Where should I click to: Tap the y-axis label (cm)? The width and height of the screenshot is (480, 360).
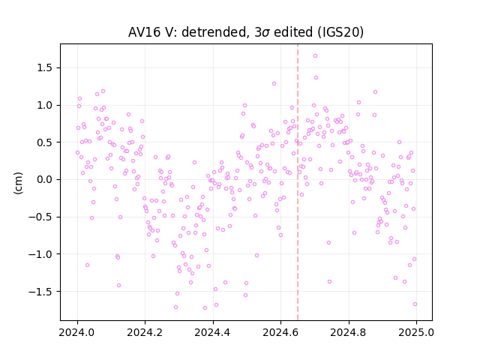pos(18,183)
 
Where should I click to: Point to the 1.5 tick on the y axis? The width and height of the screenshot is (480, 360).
pos(45,67)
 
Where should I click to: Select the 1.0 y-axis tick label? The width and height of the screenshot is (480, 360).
pos(45,105)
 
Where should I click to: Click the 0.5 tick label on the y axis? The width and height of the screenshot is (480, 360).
pos(45,142)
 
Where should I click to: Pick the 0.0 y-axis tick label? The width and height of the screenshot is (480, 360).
pos(45,180)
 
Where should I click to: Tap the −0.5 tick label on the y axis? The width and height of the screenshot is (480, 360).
pos(41,217)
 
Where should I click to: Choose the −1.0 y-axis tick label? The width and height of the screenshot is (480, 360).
pos(41,254)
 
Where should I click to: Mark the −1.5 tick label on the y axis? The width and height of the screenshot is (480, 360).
pos(41,292)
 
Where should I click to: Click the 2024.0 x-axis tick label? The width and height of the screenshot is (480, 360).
pos(76,332)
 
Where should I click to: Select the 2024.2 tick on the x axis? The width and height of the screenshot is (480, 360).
pos(145,332)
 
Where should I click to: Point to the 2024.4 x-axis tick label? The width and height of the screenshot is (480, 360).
pos(212,332)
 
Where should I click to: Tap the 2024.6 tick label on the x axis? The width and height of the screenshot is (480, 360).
pos(280,332)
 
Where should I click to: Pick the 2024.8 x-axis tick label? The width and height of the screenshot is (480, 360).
pos(348,332)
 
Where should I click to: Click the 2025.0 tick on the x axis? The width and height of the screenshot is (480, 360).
pos(416,332)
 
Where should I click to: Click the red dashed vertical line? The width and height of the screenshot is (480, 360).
pos(298,182)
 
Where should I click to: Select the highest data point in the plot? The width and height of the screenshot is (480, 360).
pos(315,56)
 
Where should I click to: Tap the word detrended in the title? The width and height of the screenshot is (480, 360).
pos(214,32)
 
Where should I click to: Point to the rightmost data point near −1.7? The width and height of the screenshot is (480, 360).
pos(415,304)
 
